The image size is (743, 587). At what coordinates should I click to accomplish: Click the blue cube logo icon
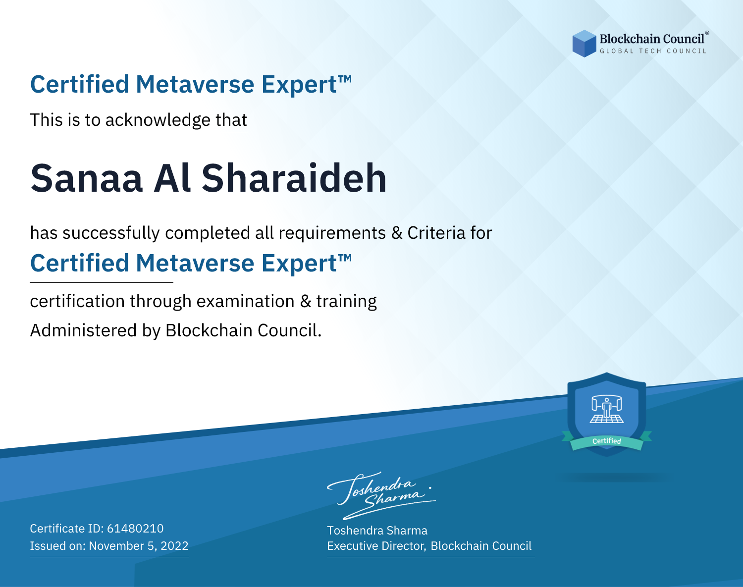pyautogui.click(x=584, y=44)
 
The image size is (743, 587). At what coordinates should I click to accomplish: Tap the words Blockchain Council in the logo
pyautogui.click(x=652, y=39)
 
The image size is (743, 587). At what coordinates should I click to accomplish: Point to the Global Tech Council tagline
pyautogui.click(x=653, y=51)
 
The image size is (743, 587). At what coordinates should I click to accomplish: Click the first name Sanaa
pyautogui.click(x=86, y=178)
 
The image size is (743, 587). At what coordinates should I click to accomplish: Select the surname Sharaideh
pyautogui.click(x=294, y=178)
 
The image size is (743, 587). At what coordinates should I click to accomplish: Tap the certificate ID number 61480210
pyautogui.click(x=135, y=528)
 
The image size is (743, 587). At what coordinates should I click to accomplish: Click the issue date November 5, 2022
pyautogui.click(x=139, y=545)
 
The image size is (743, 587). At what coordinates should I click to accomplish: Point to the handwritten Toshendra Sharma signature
pyautogui.click(x=381, y=495)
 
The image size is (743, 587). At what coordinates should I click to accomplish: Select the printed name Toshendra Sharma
pyautogui.click(x=377, y=531)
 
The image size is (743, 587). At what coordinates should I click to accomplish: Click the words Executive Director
pyautogui.click(x=376, y=546)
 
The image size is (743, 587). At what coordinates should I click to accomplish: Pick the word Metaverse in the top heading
pyautogui.click(x=195, y=84)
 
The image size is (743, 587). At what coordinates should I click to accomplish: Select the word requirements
pyautogui.click(x=332, y=233)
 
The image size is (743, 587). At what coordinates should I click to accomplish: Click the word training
pyautogui.click(x=346, y=302)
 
